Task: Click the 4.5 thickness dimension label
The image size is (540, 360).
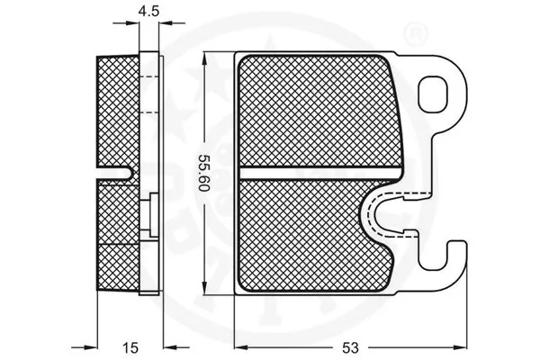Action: coord(149,13)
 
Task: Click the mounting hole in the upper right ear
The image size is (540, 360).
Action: coord(438,91)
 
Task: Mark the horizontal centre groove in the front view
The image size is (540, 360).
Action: coord(321,170)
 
